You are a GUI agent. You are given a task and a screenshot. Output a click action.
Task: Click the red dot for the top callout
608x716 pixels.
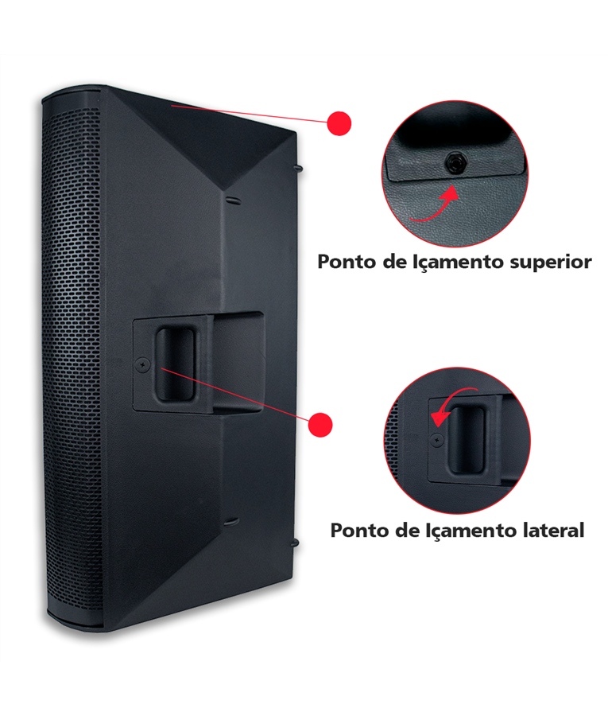[x=339, y=123]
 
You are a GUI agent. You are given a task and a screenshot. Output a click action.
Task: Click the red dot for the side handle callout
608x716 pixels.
[x=320, y=425]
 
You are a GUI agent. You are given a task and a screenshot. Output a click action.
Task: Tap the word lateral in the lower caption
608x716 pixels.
[x=553, y=531]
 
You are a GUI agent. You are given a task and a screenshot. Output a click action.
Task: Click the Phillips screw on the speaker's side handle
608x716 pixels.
[x=143, y=364]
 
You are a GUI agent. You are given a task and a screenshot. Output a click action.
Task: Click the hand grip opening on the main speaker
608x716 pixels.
[x=175, y=364]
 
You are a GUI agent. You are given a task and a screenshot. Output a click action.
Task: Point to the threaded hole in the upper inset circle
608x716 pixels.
[x=455, y=162]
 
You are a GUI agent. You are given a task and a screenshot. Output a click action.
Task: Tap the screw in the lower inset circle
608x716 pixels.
[x=437, y=440]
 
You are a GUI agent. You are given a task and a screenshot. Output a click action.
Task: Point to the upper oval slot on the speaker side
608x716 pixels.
[x=232, y=200]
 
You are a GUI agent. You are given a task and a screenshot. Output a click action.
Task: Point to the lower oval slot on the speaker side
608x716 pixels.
[x=231, y=522]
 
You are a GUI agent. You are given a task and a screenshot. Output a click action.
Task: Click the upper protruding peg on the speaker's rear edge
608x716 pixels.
[x=299, y=169]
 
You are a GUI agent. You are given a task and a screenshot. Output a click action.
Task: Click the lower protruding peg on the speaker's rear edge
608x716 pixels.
[x=295, y=543]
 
